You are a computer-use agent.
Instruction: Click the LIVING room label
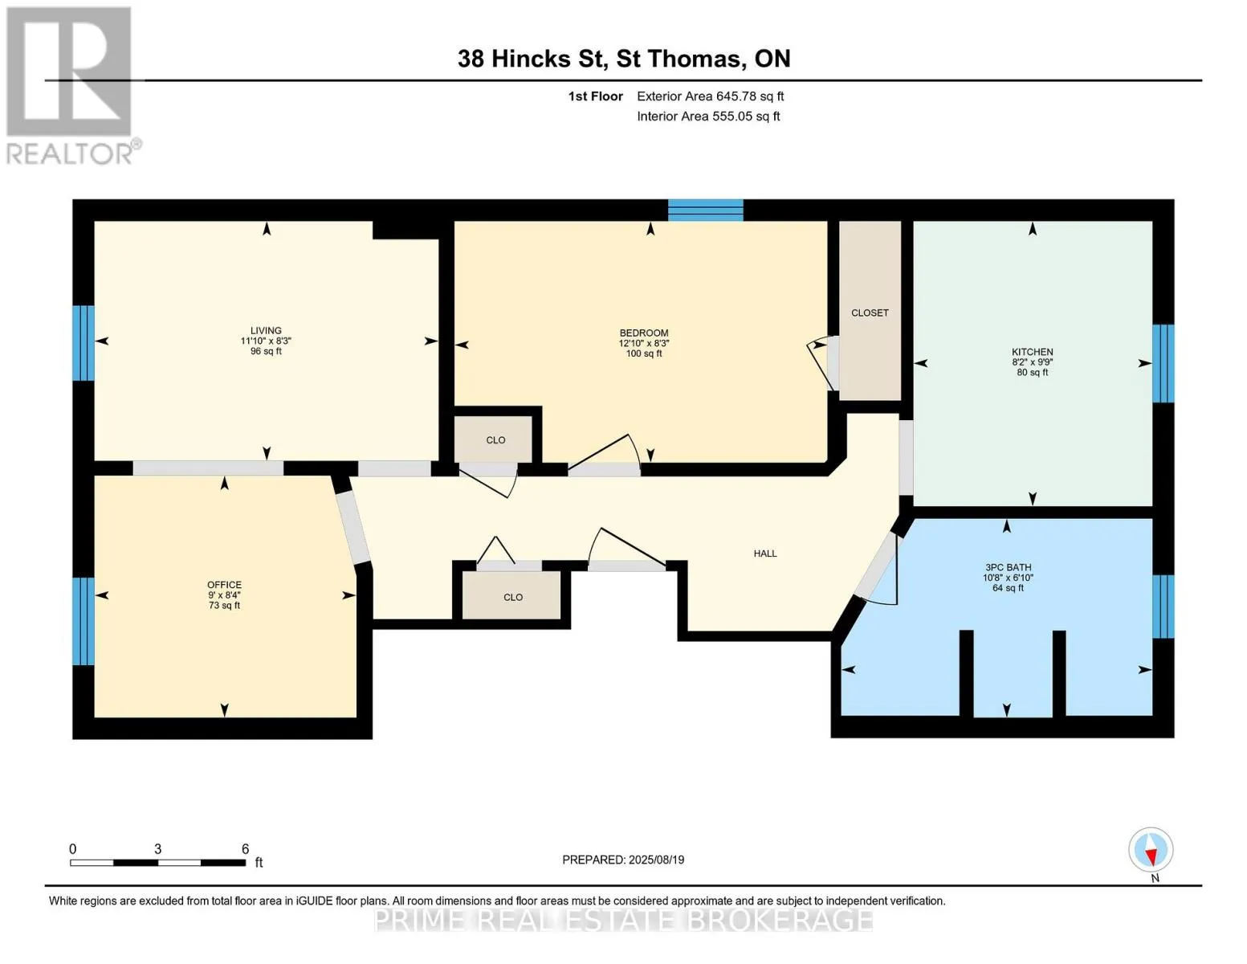(x=266, y=331)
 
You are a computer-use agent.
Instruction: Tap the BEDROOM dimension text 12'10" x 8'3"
(x=644, y=343)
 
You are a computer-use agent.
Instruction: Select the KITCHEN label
(x=1033, y=352)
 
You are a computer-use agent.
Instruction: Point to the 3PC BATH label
(x=1009, y=567)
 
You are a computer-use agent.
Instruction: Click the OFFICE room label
(x=224, y=585)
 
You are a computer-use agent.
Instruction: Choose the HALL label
(x=765, y=553)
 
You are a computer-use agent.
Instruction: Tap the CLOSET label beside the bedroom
(x=870, y=313)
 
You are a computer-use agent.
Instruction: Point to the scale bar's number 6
(x=245, y=848)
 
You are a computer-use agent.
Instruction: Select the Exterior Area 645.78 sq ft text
(x=710, y=96)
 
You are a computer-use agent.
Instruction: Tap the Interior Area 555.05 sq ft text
(x=708, y=116)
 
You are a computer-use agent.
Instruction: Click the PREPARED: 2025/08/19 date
(x=622, y=860)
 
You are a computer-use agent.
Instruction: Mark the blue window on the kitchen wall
(x=1163, y=363)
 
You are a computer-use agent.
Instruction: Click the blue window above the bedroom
(x=706, y=210)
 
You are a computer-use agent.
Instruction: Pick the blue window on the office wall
(x=84, y=621)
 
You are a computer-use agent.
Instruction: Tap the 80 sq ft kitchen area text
(x=1033, y=373)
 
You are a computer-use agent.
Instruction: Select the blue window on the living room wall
(x=84, y=343)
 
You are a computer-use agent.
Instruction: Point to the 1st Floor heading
(x=595, y=96)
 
